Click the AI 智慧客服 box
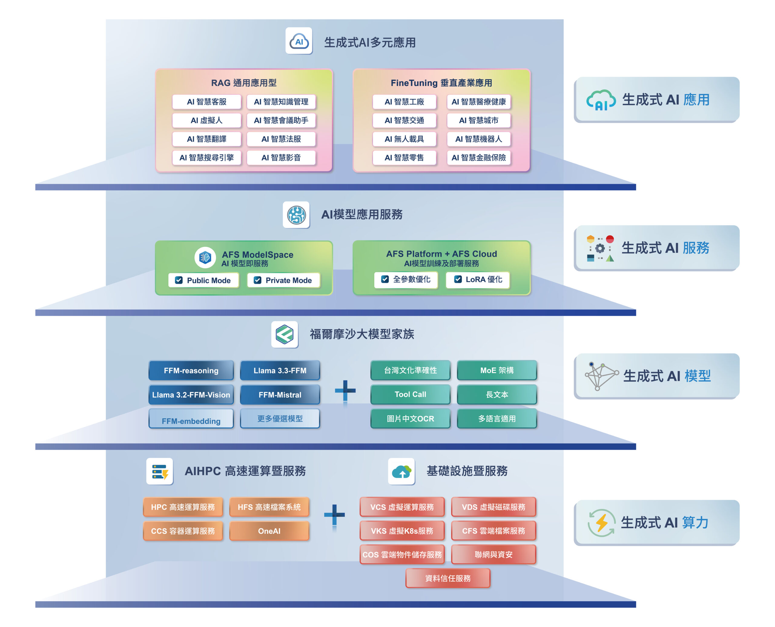point(206,102)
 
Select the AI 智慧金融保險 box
point(478,158)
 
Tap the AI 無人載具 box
point(404,139)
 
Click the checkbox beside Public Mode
point(179,280)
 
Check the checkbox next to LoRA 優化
point(458,279)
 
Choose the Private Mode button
point(283,280)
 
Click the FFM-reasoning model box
point(191,370)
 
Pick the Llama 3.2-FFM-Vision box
point(191,395)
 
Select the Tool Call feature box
point(410,394)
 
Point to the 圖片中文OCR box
point(410,419)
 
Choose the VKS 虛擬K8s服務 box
point(402,531)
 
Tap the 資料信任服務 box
point(448,578)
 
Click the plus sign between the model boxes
point(345,390)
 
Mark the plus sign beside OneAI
point(334,515)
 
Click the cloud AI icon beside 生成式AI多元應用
point(299,41)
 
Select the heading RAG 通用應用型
point(244,83)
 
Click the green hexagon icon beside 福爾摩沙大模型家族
point(285,334)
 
